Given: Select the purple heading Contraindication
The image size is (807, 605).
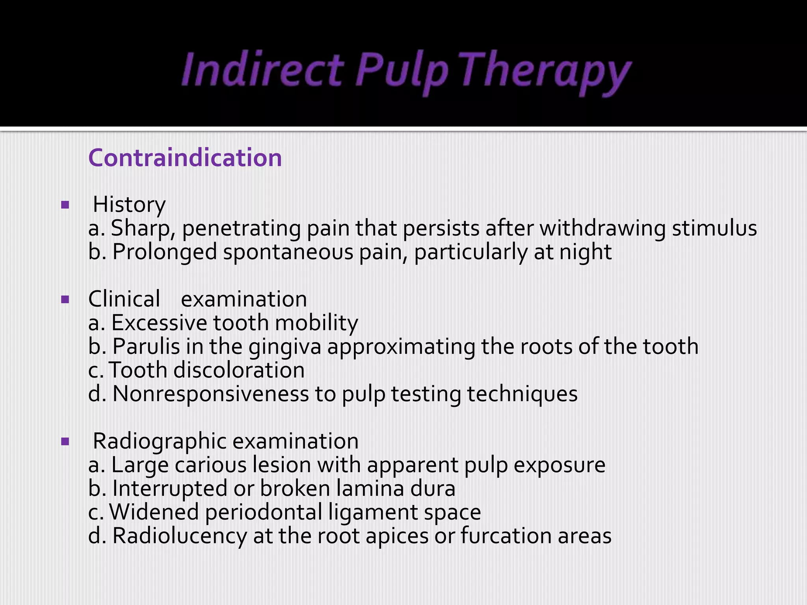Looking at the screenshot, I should (185, 158).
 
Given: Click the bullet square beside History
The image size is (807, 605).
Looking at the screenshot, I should (65, 205).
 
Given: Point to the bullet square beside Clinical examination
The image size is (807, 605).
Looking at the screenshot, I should (65, 300).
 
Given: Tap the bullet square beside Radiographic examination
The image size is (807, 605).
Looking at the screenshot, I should (65, 442).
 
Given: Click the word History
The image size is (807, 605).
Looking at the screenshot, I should (129, 205).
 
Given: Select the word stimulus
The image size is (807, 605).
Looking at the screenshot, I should (714, 228).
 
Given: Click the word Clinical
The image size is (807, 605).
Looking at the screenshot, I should (124, 299).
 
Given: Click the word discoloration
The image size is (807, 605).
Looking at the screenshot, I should (239, 370).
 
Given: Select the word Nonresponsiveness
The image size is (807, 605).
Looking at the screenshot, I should (210, 394).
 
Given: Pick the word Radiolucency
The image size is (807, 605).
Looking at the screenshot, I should (179, 536).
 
